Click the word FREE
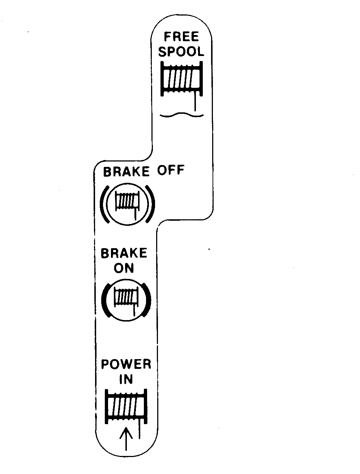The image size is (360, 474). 181,36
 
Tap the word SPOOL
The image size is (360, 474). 181,51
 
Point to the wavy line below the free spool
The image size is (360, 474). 181,115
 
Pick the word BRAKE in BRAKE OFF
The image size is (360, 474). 127,172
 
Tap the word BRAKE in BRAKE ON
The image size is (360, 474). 124,253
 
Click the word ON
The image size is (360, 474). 124,268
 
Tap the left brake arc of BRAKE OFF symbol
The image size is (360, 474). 104,204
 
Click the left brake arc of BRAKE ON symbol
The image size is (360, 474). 104,300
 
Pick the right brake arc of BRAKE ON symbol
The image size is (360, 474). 148,299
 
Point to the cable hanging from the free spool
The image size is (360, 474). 195,101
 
